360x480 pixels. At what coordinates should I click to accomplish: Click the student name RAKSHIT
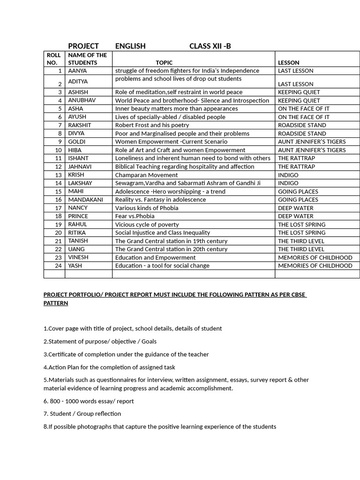pyautogui.click(x=80, y=125)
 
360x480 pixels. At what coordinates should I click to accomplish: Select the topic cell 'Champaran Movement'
pyautogui.click(x=146, y=175)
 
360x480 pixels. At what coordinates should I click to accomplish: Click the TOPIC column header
pyautogui.click(x=164, y=62)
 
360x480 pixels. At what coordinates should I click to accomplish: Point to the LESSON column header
pyautogui.click(x=289, y=62)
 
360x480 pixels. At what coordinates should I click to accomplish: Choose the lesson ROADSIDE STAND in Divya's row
pyautogui.click(x=302, y=134)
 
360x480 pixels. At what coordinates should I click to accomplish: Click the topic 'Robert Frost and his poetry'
pyautogui.click(x=152, y=125)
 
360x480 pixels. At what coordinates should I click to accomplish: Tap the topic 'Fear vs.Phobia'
pyautogui.click(x=135, y=216)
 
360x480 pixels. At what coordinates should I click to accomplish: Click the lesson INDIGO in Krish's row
pyautogui.click(x=288, y=175)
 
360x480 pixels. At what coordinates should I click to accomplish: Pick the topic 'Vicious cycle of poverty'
pyautogui.click(x=147, y=225)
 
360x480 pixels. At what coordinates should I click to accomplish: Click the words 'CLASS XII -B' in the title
pyautogui.click(x=210, y=46)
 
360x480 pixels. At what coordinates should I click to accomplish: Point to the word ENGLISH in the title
pyautogui.click(x=130, y=46)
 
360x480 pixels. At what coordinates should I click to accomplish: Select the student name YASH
pyautogui.click(x=75, y=266)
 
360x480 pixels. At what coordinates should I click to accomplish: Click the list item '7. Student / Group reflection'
pyautogui.click(x=82, y=414)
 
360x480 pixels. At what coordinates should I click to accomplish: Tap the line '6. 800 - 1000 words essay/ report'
pyautogui.click(x=89, y=401)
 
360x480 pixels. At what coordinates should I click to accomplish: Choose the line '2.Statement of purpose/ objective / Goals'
pyautogui.click(x=100, y=342)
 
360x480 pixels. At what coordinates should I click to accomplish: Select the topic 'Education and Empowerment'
pyautogui.click(x=156, y=257)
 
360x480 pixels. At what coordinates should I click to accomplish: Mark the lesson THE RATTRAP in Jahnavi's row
pyautogui.click(x=296, y=166)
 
